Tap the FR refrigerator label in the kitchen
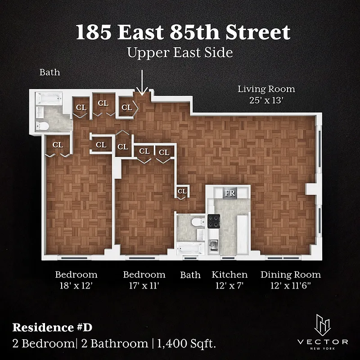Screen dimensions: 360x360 (x=230, y=193)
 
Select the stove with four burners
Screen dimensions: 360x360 (x=213, y=221)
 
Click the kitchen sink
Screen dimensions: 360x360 (x=214, y=244)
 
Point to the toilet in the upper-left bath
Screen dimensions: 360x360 (x=42, y=126)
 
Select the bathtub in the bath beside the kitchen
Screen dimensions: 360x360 (x=186, y=248)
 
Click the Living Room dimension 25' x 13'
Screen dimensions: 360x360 (x=266, y=101)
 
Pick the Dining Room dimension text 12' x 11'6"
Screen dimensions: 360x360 (x=291, y=285)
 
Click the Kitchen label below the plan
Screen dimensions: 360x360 (x=230, y=274)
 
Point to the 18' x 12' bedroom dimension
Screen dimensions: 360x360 (x=76, y=285)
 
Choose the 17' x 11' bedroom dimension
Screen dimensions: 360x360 (x=144, y=285)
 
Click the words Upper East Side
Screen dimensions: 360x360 (x=180, y=53)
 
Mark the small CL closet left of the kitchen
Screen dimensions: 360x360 (x=182, y=191)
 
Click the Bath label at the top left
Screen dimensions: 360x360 (x=49, y=72)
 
